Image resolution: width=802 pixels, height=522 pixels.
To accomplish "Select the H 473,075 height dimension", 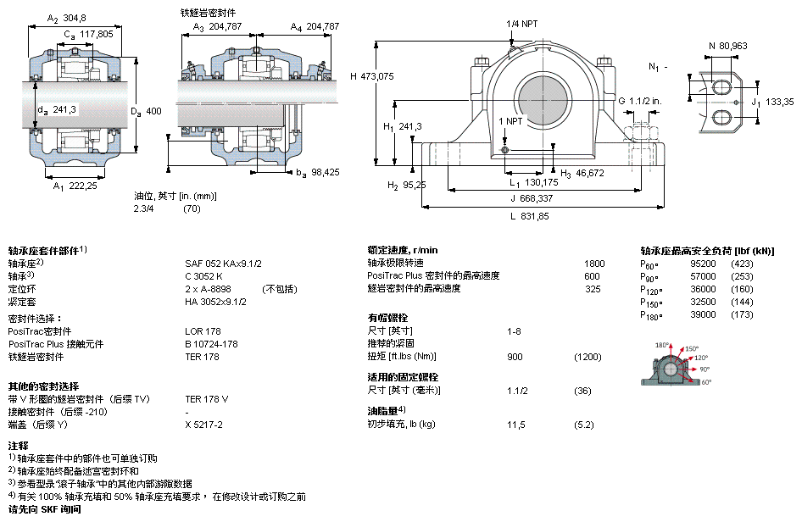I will tap(372, 75).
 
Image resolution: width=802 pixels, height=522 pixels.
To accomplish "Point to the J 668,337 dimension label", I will tap(538, 199).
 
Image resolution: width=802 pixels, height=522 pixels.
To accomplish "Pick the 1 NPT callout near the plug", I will tap(510, 121).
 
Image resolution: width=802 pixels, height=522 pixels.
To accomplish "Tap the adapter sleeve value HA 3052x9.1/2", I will tap(216, 302).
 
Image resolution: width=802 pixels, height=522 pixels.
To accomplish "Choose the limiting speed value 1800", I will tap(595, 264).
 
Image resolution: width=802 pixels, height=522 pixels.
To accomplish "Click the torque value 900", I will tap(515, 357).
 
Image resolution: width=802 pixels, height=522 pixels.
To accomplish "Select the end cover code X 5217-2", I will tap(203, 425).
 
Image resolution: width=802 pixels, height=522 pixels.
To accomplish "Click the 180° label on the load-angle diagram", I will tap(662, 346).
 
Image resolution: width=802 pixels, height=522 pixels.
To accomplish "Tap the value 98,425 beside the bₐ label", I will tap(323, 172).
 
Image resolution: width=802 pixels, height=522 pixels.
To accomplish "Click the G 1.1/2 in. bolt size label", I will tap(638, 100).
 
